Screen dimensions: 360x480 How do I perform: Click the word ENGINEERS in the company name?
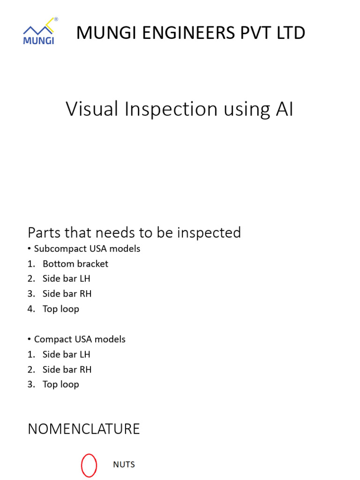[189, 33]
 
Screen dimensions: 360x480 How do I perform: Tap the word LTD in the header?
[291, 33]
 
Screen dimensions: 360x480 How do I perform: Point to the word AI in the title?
[285, 109]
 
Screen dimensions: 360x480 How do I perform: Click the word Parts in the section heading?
[43, 232]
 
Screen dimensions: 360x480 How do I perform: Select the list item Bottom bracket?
[75, 264]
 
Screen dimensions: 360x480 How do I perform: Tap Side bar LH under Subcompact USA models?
[67, 278]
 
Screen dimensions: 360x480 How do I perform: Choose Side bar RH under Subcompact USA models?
[67, 293]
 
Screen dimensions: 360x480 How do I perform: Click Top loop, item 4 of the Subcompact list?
[61, 309]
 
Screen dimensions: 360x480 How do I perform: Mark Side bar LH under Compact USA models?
[67, 354]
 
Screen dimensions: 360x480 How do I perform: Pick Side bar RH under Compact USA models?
[67, 369]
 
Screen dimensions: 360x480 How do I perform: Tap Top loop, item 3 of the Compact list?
[61, 384]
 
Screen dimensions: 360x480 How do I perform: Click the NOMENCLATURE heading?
[84, 429]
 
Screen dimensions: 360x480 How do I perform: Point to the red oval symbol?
[82, 465]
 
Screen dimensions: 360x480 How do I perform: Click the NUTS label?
[124, 465]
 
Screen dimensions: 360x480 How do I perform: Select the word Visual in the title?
[92, 109]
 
